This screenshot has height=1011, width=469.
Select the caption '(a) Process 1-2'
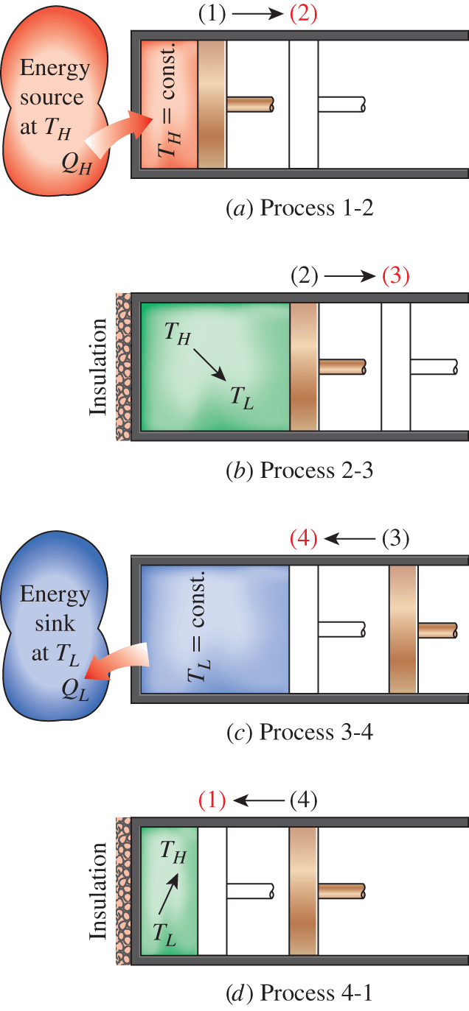(x=299, y=208)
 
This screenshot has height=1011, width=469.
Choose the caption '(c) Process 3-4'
(x=299, y=732)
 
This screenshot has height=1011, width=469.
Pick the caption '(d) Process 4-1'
(x=299, y=993)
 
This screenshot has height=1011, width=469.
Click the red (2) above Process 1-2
(x=303, y=14)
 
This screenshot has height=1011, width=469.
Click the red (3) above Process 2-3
(x=395, y=276)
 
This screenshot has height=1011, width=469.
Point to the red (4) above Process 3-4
(x=303, y=538)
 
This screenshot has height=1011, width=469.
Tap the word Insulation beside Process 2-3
(x=99, y=366)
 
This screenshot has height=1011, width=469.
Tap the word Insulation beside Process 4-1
(x=99, y=890)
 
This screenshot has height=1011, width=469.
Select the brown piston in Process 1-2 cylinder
(x=212, y=104)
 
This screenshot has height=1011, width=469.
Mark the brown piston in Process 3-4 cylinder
(x=403, y=629)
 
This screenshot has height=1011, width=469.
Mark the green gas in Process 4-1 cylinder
(x=169, y=891)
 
